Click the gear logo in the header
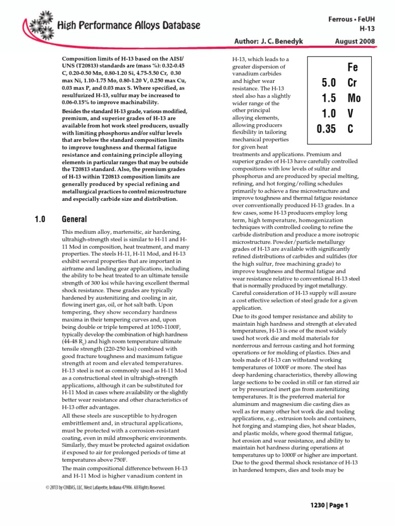point(40,23)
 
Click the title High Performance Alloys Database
point(129,25)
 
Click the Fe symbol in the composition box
point(352,68)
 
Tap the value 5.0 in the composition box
point(329,83)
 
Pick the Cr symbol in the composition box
point(352,83)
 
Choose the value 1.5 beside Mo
point(329,98)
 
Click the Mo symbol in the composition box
point(354,98)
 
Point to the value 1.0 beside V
point(329,114)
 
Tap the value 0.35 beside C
point(326,128)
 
